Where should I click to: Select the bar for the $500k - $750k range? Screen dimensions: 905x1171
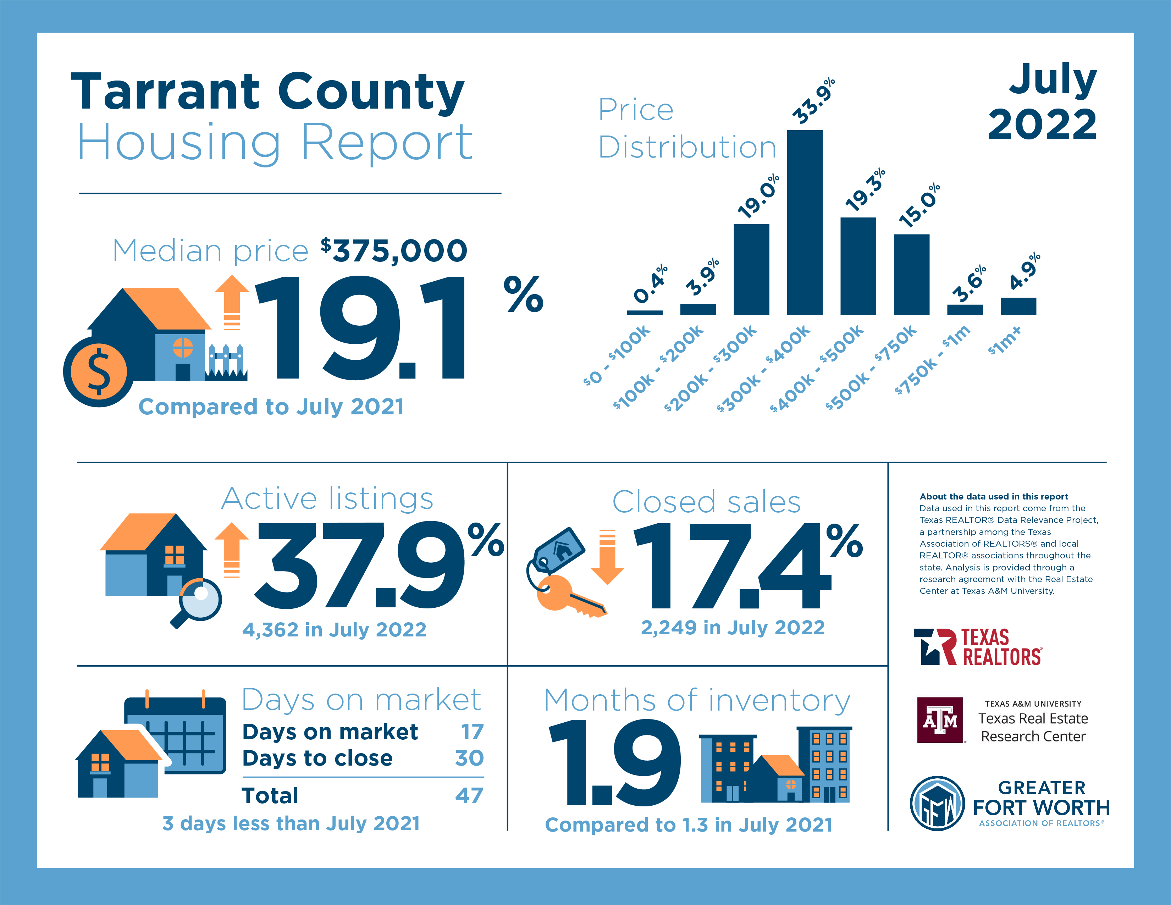click(x=911, y=275)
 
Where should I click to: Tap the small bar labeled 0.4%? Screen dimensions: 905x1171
click(x=645, y=313)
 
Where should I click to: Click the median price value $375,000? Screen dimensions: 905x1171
click(x=394, y=250)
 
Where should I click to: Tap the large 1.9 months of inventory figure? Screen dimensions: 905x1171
click(x=614, y=762)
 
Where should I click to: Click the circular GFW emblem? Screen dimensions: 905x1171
click(x=937, y=803)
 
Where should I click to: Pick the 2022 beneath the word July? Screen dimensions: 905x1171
click(x=1042, y=125)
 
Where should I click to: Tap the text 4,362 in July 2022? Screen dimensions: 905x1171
click(x=334, y=629)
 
